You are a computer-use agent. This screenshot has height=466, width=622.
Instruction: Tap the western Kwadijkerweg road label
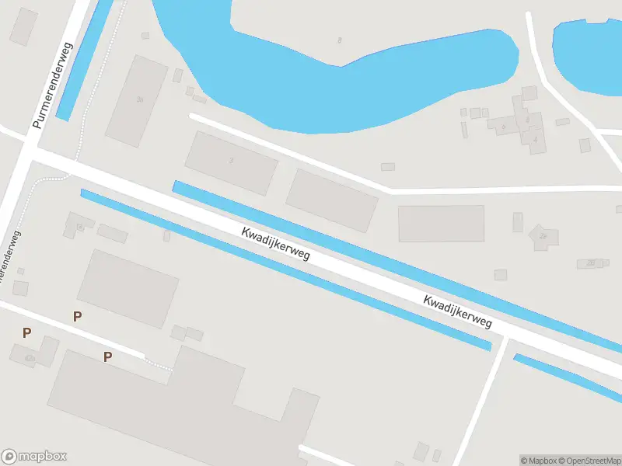(275, 244)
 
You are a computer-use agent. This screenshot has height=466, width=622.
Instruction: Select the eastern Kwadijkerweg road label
(459, 311)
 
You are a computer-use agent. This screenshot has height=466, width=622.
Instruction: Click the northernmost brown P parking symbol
(77, 316)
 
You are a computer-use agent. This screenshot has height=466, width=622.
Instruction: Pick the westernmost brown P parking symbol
(27, 333)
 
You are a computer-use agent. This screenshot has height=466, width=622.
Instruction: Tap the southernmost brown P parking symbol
(108, 356)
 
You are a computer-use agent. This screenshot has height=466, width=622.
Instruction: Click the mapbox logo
(34, 457)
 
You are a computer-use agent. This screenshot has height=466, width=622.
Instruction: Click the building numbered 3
(231, 162)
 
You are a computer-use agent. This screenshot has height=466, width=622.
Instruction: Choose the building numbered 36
(138, 99)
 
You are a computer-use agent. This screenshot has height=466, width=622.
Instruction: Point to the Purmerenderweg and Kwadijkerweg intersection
(30, 148)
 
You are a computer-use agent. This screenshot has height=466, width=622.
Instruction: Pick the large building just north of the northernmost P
(128, 287)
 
